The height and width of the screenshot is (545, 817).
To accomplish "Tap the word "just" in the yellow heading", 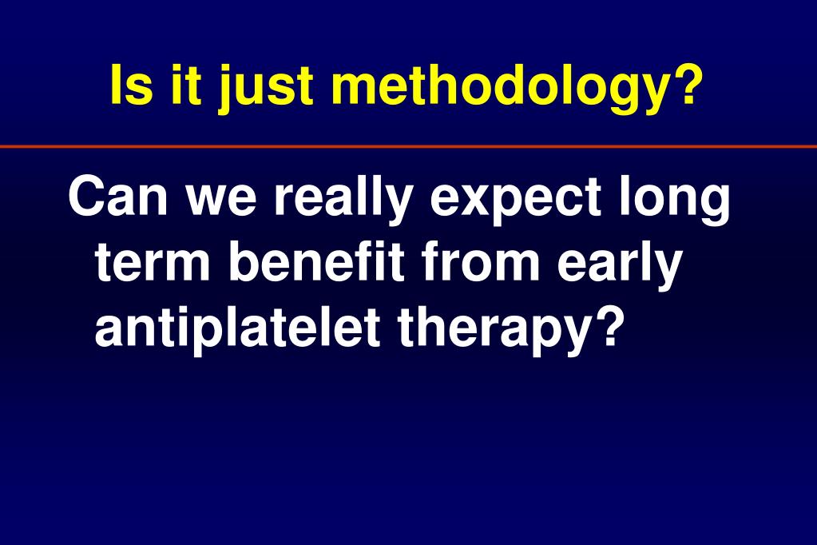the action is tap(266, 88).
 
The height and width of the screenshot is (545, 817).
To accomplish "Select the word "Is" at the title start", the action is tap(132, 85).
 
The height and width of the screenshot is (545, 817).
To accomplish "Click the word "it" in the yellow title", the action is tap(186, 85).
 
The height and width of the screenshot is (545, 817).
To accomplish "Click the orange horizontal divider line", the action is tap(409, 147).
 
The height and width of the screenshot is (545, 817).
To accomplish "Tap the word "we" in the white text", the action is tap(221, 201).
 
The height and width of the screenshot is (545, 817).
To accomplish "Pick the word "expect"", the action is tap(516, 201).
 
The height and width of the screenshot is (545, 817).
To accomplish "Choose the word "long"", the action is tap(675, 201).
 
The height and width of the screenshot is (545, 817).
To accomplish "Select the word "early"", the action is tap(620, 266).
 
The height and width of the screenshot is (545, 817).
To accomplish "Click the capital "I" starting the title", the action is tap(116, 85).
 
